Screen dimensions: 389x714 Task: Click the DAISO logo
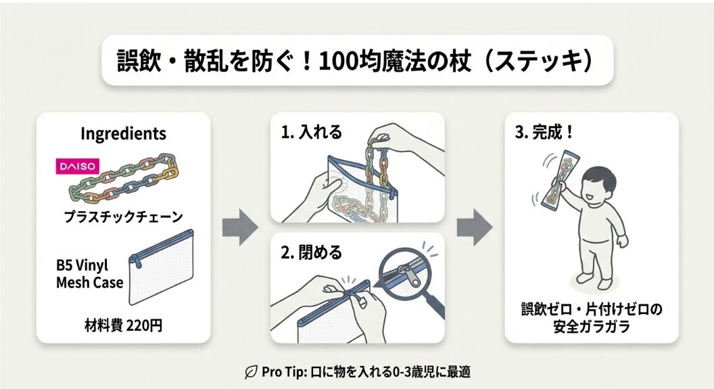(x=76, y=166)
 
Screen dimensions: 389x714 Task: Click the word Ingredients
(x=123, y=133)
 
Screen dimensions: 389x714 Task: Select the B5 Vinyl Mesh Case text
(x=89, y=273)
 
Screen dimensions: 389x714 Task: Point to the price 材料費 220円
(x=122, y=325)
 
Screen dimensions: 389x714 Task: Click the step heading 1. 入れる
(x=312, y=131)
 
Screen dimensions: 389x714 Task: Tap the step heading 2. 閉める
(x=312, y=253)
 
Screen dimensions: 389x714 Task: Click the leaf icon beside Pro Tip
(x=249, y=371)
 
